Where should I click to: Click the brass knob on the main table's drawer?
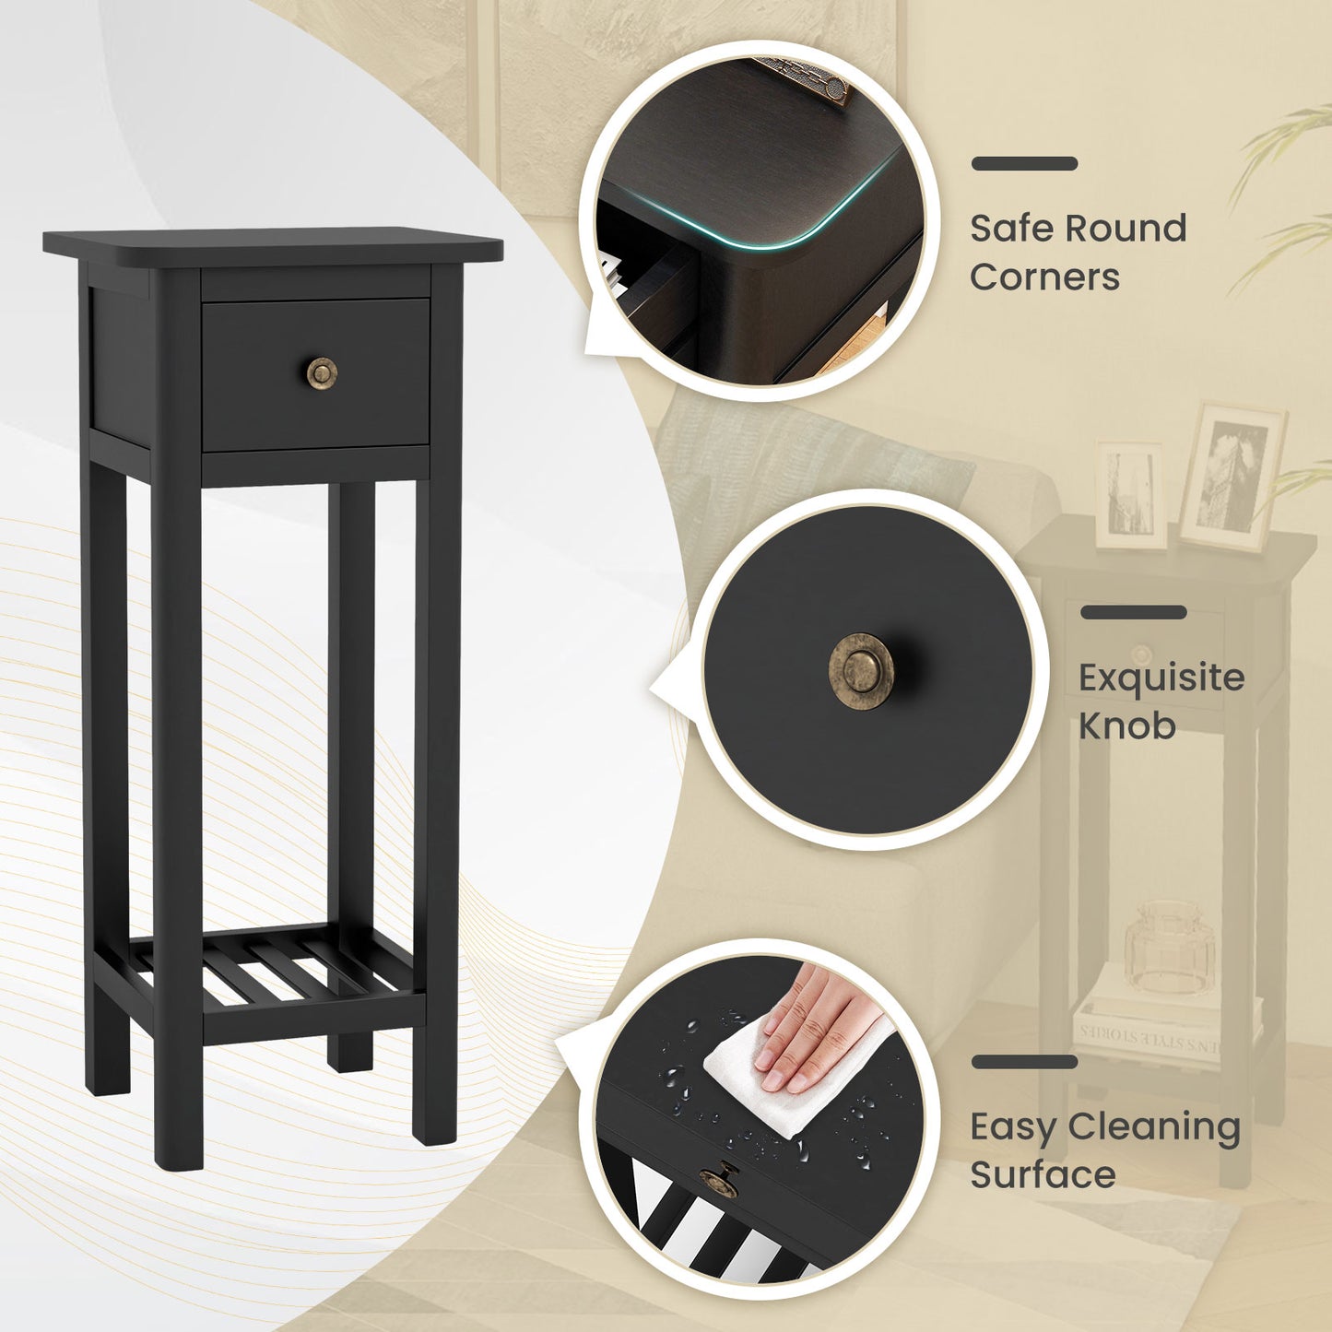(x=322, y=372)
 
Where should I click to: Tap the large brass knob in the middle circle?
(x=861, y=670)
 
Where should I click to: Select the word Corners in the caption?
(x=1044, y=277)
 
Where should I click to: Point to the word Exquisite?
(x=1161, y=678)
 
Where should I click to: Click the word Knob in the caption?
(x=1126, y=725)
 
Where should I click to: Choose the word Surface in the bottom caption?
(x=1043, y=1175)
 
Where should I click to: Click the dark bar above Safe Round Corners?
(x=1024, y=164)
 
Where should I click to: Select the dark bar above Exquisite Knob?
(x=1133, y=612)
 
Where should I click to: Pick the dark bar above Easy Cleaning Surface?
(x=1024, y=1062)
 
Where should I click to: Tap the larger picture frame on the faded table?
(x=1232, y=477)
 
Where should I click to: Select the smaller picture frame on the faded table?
(x=1130, y=495)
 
